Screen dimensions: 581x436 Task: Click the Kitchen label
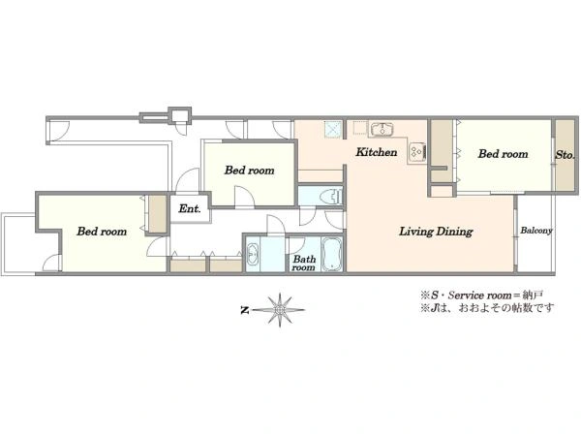[376, 152]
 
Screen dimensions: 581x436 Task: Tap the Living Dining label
[436, 232]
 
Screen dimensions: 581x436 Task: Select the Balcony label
[536, 231]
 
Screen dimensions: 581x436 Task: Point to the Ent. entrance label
[190, 208]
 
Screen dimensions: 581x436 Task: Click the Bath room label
[303, 264]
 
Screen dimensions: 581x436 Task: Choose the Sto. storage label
[565, 155]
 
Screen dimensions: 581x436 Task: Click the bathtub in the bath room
[331, 254]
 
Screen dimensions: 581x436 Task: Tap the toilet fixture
[331, 197]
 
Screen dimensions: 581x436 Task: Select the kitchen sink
[382, 130]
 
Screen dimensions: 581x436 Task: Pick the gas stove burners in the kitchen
[417, 151]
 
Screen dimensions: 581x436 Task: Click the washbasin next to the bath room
[253, 254]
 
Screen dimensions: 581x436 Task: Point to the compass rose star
[280, 310]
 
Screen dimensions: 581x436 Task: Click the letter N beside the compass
[244, 310]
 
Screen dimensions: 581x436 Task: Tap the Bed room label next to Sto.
[503, 154]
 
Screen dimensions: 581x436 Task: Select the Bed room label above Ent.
[250, 171]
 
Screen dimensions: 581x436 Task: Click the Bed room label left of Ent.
[102, 232]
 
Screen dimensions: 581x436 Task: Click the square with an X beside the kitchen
[333, 130]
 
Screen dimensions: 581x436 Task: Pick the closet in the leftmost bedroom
[157, 214]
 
